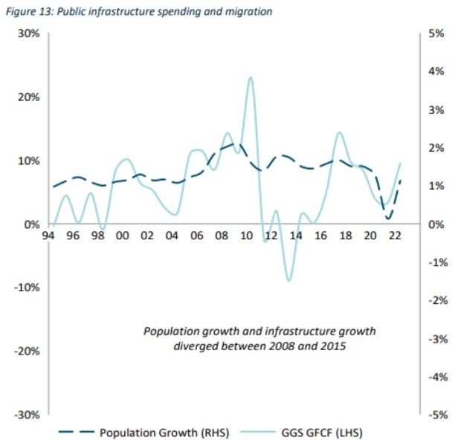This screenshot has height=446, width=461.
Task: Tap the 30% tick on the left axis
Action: click(x=30, y=33)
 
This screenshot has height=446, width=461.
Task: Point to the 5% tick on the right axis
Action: click(x=436, y=33)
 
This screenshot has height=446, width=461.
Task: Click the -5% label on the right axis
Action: click(x=434, y=415)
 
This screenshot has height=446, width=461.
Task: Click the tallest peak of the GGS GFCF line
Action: click(x=251, y=77)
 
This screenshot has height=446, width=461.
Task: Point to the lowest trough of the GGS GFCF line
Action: click(x=288, y=280)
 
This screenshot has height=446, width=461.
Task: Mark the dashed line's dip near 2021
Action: click(x=388, y=219)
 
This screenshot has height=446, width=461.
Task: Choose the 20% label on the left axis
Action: click(x=30, y=97)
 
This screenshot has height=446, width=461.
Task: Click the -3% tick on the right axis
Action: click(x=434, y=338)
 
